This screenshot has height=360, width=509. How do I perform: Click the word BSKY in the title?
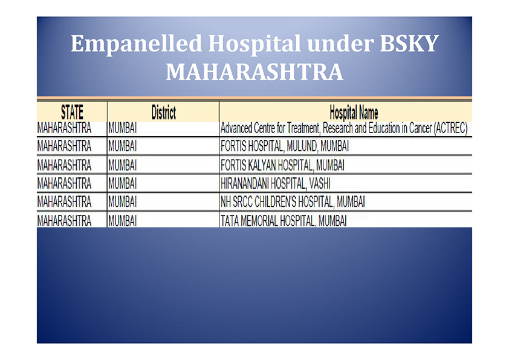[x=409, y=43]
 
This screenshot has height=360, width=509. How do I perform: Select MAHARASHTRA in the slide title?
[x=254, y=72]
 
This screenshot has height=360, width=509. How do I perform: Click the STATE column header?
[x=72, y=112]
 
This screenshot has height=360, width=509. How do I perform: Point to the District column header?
[x=164, y=112]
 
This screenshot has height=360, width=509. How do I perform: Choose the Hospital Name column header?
[x=354, y=113]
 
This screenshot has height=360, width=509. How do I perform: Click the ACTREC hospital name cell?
[x=344, y=128]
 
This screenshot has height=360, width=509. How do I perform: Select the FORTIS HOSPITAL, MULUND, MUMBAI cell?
[x=284, y=146]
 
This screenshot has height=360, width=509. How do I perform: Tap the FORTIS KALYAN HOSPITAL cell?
[x=282, y=165]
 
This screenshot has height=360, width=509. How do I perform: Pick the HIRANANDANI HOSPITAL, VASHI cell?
[x=275, y=183]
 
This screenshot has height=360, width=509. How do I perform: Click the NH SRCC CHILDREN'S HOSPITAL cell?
[x=293, y=201]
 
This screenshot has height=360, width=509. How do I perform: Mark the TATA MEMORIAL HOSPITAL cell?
[x=284, y=221]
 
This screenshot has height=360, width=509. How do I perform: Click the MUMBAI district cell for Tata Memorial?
[x=122, y=221]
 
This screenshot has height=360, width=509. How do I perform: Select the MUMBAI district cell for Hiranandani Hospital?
[x=122, y=183]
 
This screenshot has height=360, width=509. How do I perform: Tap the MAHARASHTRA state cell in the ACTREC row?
[x=64, y=128]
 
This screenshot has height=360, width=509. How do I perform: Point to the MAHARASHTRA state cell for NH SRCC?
[x=64, y=201]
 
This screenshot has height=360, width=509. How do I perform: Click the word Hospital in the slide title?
[x=254, y=44]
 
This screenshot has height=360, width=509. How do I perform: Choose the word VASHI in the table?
[x=320, y=183]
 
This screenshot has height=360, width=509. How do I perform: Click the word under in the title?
[x=340, y=43]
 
